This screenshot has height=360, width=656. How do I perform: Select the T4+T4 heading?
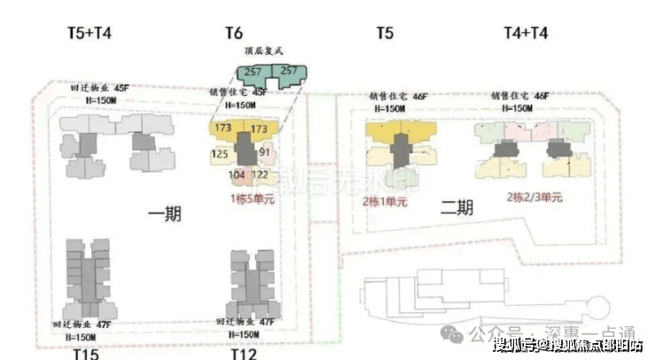(x=526, y=34)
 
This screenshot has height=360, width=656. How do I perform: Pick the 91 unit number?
(x=264, y=153)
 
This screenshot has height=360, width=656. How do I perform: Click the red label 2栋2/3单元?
(x=535, y=197)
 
